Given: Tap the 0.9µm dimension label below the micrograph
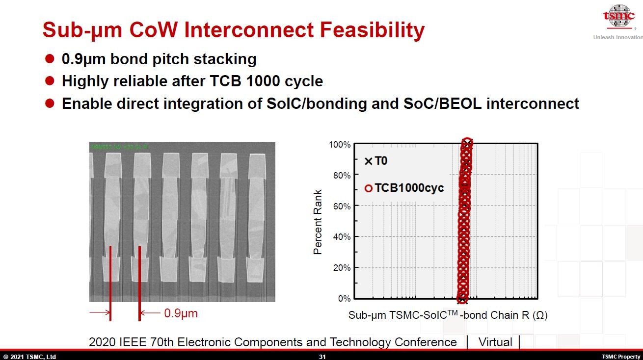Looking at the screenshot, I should [x=181, y=313].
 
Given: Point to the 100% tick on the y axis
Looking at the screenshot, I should [x=340, y=145].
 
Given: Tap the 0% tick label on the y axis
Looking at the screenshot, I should [x=344, y=299].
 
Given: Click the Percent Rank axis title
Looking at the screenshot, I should [x=318, y=222].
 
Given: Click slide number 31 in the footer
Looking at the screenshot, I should [x=322, y=357].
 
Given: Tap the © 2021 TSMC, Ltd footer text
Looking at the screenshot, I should [x=29, y=357].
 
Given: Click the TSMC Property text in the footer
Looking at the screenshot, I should [x=621, y=357].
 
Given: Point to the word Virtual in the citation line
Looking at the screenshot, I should [x=495, y=342].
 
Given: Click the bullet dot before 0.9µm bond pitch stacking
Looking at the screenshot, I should [x=49, y=59].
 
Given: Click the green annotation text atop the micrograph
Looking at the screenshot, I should [x=119, y=146].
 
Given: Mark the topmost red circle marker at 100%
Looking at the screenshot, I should [x=467, y=143].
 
